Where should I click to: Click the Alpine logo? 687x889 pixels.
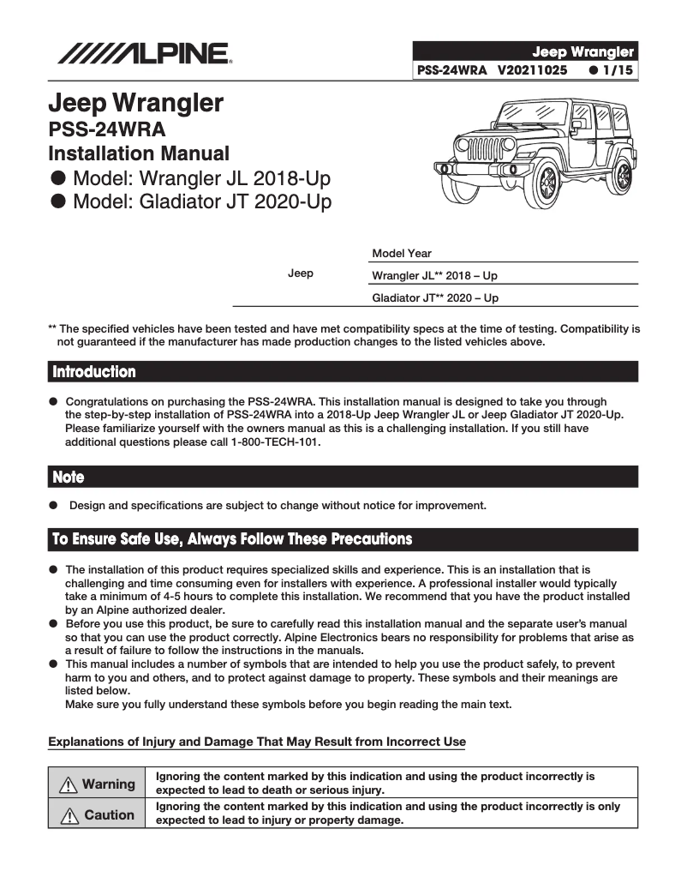144,54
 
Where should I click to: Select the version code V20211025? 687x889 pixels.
531,71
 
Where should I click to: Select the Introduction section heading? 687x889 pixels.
94,372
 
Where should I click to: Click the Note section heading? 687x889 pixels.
69,477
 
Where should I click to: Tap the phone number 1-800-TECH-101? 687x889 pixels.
270,442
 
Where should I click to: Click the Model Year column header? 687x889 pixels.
402,254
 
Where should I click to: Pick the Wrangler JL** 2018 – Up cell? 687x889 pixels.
434,276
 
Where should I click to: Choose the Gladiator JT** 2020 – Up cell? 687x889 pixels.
435,298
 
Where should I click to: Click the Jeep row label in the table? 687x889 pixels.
300,273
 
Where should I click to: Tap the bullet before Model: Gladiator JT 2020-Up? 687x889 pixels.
58,202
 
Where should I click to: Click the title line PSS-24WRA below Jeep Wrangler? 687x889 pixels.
107,130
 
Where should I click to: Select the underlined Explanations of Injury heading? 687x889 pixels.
257,742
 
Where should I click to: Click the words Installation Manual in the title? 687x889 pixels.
139,154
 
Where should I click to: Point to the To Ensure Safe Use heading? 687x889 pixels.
231,539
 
